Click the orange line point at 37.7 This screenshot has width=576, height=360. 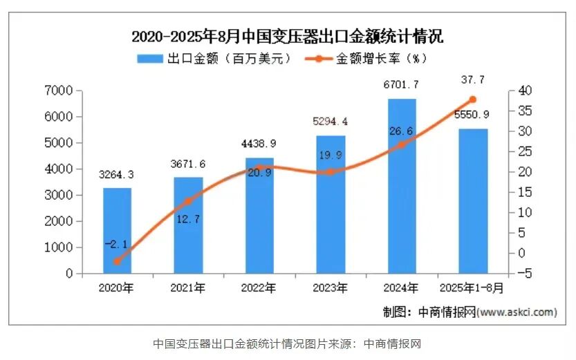(x=473, y=100)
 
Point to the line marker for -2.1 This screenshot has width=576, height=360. (x=118, y=261)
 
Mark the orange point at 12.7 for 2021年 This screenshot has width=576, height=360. (x=188, y=201)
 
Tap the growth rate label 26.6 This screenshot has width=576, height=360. (x=402, y=131)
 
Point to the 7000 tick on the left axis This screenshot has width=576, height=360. (x=59, y=91)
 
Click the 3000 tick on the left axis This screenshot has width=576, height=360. (x=59, y=196)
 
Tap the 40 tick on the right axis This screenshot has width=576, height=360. (x=524, y=91)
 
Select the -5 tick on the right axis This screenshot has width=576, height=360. (x=524, y=274)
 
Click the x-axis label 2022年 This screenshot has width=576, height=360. (x=259, y=287)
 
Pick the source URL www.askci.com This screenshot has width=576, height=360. (x=517, y=312)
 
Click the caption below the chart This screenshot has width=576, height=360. (x=287, y=343)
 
